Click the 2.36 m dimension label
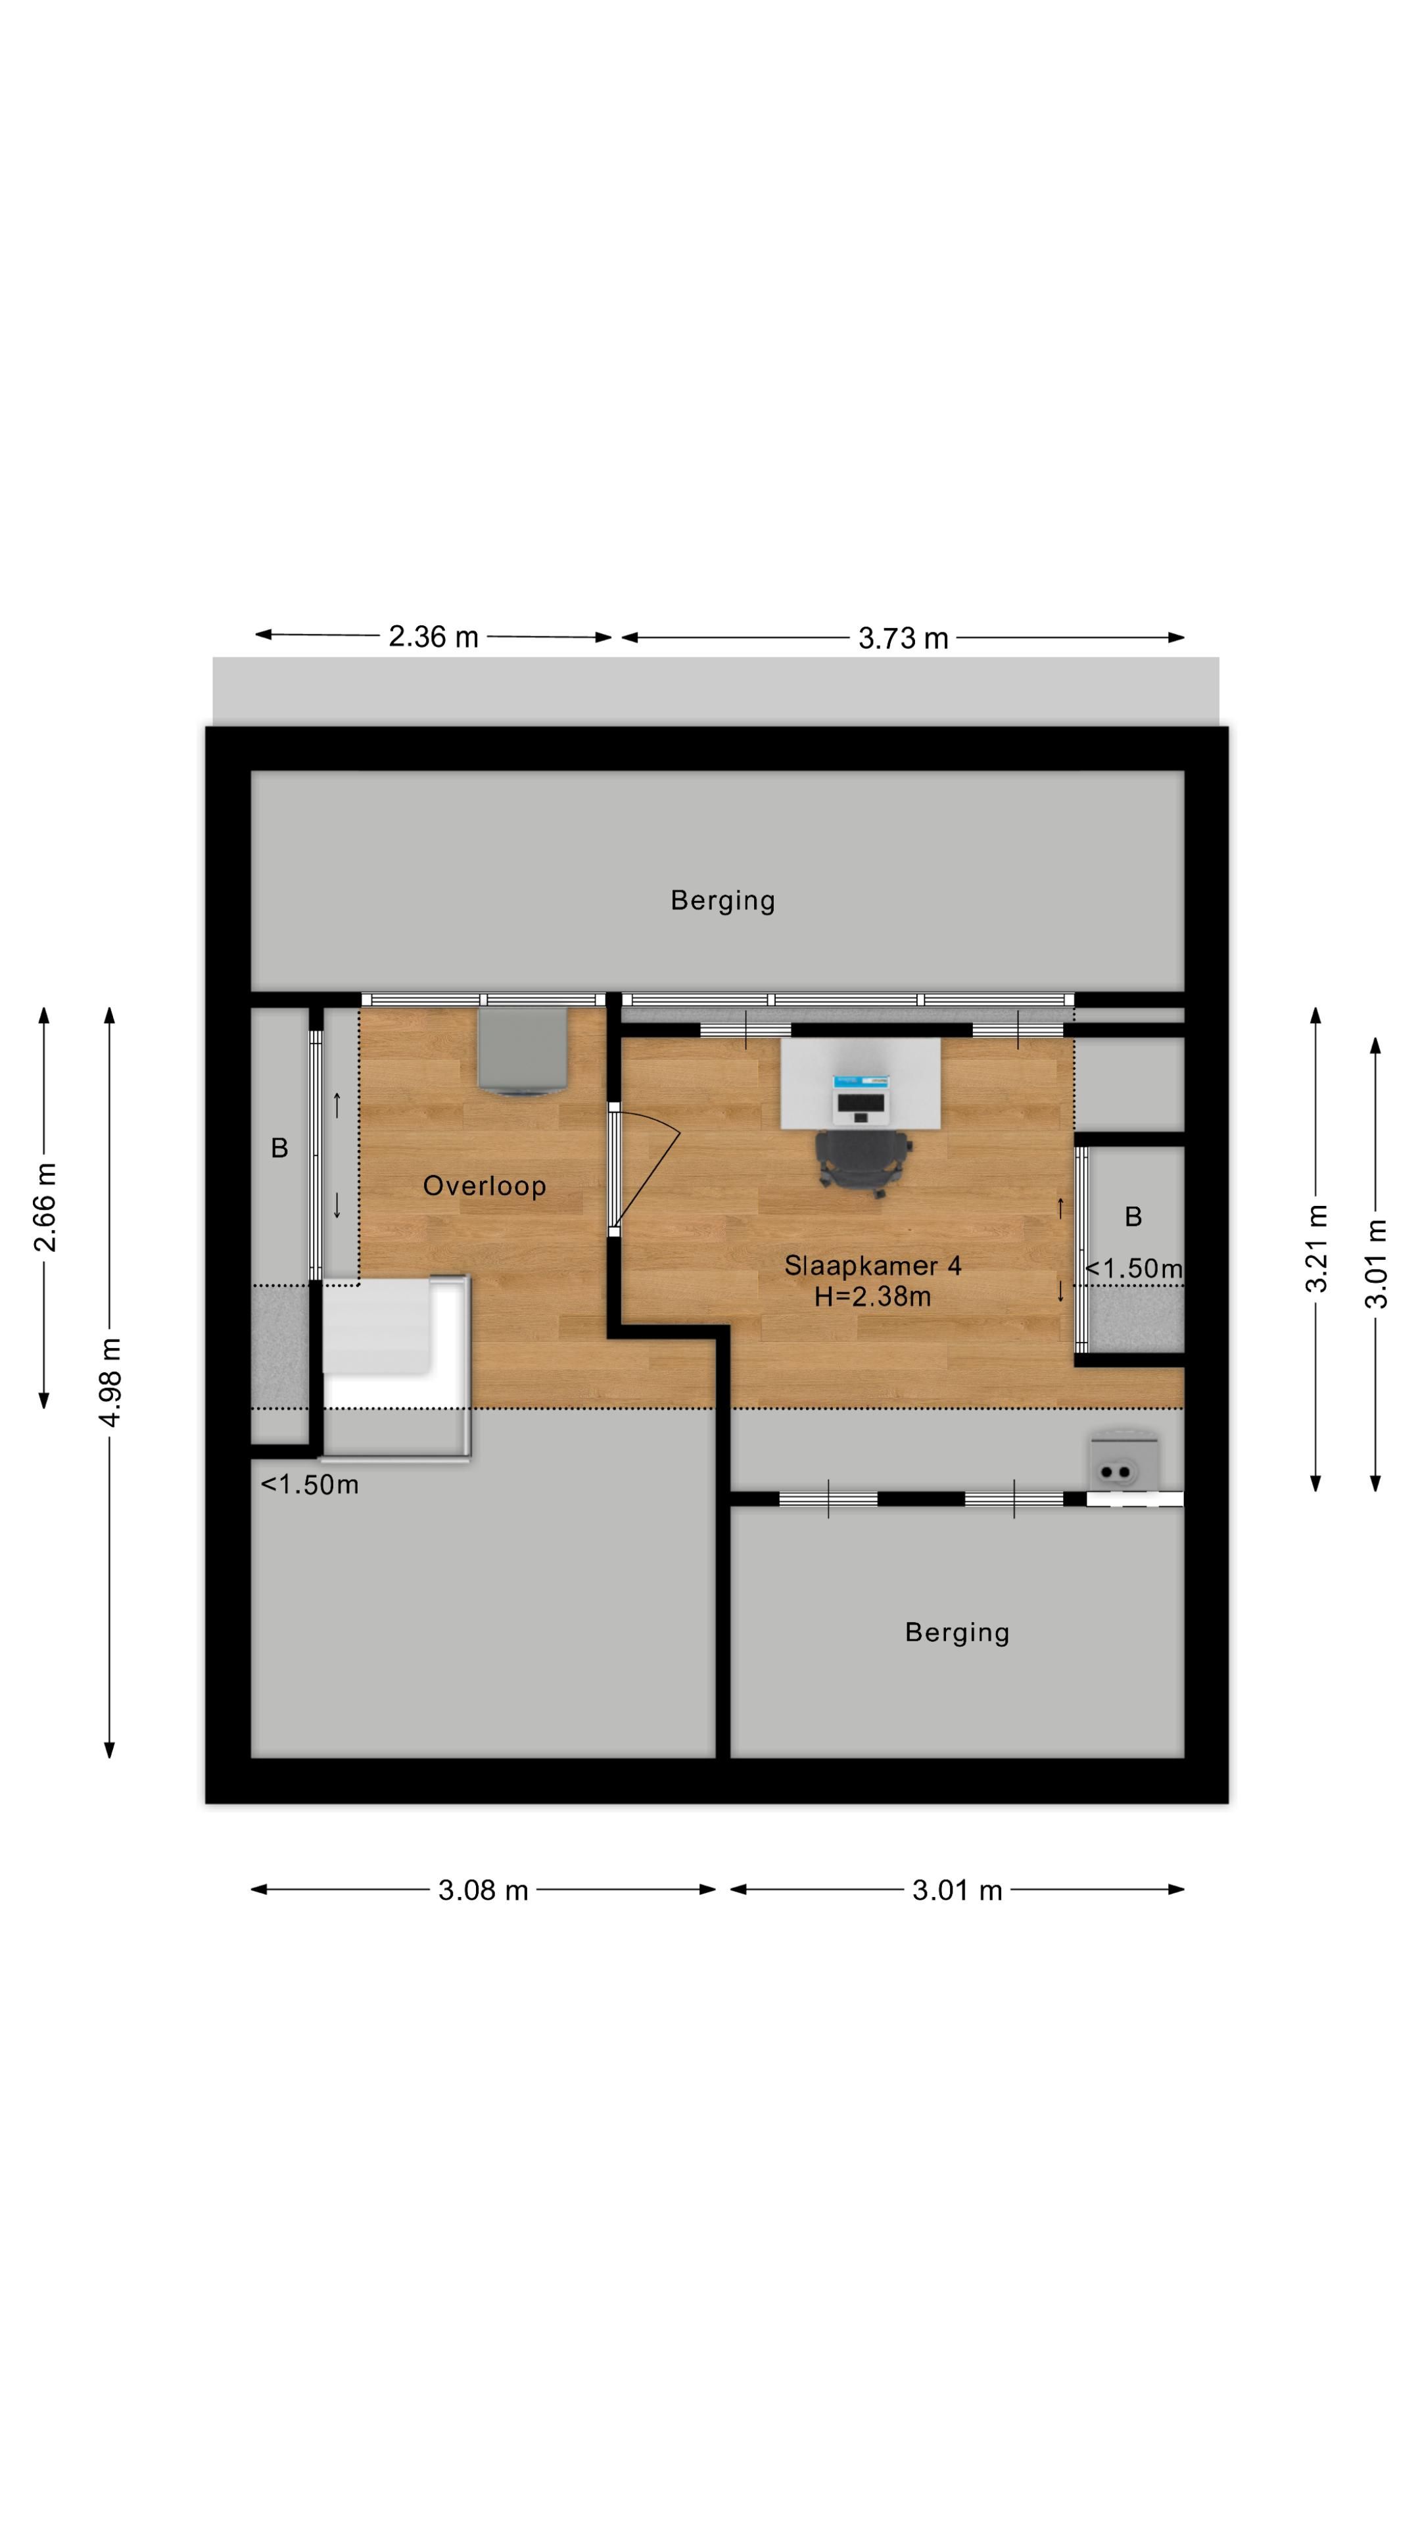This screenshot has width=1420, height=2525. [433, 637]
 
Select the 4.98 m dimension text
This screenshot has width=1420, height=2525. [110, 1382]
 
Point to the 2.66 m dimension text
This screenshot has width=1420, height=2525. [45, 1208]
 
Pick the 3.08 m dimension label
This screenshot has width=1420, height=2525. [483, 1890]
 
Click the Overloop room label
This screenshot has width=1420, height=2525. [484, 1186]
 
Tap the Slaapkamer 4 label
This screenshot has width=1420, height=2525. [872, 1265]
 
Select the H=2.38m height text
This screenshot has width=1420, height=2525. [872, 1297]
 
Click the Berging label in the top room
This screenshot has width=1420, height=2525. [722, 901]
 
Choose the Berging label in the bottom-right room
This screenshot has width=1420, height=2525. [957, 1633]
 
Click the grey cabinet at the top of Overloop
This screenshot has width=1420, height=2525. [523, 1050]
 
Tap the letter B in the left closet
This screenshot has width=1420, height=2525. [279, 1149]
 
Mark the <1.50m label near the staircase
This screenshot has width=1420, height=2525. [310, 1485]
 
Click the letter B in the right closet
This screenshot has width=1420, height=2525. [1133, 1217]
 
